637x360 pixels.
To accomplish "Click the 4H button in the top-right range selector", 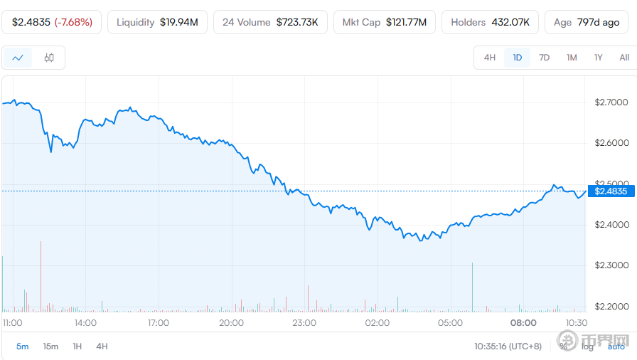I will coord(489,58).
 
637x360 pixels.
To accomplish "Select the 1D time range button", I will coord(517,58).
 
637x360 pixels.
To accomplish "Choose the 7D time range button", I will coord(544,58).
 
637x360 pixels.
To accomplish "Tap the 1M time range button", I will coord(572,58).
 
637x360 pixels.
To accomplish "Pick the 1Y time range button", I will coord(598,58).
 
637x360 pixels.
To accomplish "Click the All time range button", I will coord(623,58).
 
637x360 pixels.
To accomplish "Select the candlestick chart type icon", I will coord(49,58).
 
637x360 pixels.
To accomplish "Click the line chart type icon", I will coord(18,58).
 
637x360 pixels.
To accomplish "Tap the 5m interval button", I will coord(23,346).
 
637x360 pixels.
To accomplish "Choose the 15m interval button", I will coord(50,346).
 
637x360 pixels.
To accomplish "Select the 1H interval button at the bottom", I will coord(77,346).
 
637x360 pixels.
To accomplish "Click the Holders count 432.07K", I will coord(510,22).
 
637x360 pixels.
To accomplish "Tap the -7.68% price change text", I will coord(73,22).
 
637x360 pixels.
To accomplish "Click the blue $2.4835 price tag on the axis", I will coord(611,191).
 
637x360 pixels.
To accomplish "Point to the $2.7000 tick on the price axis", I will coord(611,102).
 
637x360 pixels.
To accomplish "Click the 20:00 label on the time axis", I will coord(231,323).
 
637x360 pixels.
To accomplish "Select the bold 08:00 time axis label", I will coord(524,323).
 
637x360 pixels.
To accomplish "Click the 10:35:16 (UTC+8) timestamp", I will coord(508,346).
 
